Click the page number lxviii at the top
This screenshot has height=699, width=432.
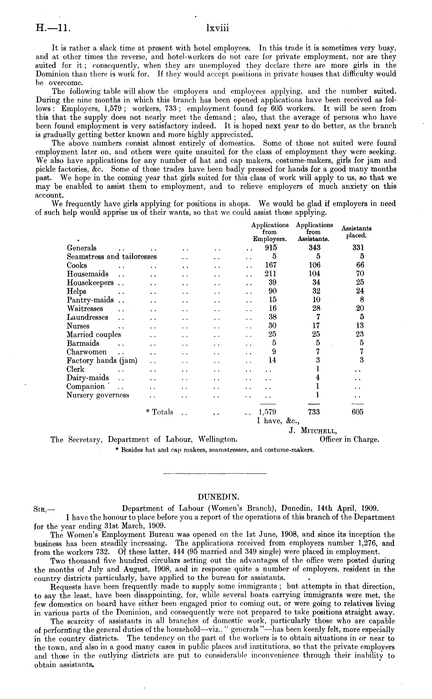[x=217, y=29]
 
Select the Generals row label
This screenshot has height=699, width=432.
[x=81, y=248]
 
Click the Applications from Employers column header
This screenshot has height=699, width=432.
[x=270, y=232]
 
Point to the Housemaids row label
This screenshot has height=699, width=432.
[x=87, y=274]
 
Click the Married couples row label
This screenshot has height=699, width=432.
[x=94, y=334]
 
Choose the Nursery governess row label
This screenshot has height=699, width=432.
[x=98, y=395]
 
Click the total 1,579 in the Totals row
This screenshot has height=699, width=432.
[x=267, y=412]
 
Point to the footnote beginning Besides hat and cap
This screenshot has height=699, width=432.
[x=215, y=450]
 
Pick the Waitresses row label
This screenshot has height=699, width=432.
[x=85, y=309]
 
